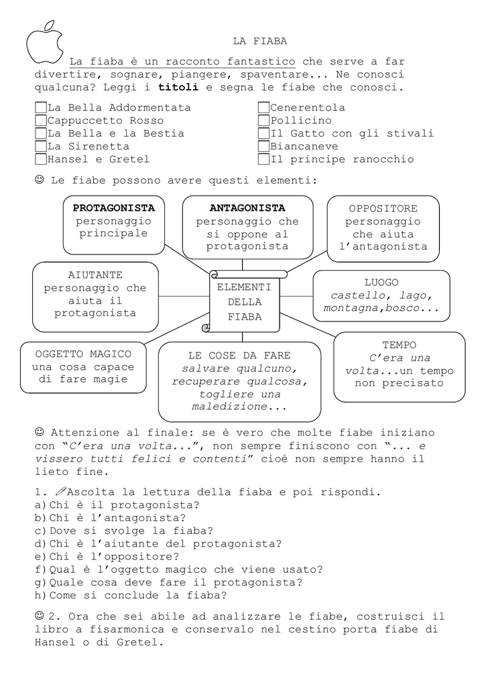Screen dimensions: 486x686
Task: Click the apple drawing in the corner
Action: click(44, 42)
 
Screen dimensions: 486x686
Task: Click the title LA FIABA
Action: click(259, 41)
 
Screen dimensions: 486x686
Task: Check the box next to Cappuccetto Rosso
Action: click(41, 121)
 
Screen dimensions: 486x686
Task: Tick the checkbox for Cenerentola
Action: click(263, 108)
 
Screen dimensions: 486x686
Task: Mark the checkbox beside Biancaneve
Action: click(263, 146)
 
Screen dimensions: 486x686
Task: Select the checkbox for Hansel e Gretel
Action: click(41, 159)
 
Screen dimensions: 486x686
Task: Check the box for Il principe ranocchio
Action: click(263, 159)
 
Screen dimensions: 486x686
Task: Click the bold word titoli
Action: click(178, 87)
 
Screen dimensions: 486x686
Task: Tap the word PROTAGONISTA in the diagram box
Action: click(114, 208)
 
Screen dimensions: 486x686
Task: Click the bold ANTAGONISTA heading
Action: click(247, 208)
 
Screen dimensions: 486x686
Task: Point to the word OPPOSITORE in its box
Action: click(383, 209)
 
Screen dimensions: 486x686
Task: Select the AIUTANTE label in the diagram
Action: click(95, 275)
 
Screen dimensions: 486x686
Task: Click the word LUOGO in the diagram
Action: click(381, 283)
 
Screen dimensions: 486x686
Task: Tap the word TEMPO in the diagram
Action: click(400, 345)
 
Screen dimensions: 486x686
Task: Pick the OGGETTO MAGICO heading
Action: click(83, 354)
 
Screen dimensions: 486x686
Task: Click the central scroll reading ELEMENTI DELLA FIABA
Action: click(244, 301)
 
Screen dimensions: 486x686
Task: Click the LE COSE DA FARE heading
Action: click(239, 356)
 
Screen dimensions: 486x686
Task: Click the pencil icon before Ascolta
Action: click(61, 491)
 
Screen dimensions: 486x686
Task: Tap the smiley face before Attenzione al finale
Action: click(40, 432)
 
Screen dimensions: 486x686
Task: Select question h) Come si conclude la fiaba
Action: click(131, 596)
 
